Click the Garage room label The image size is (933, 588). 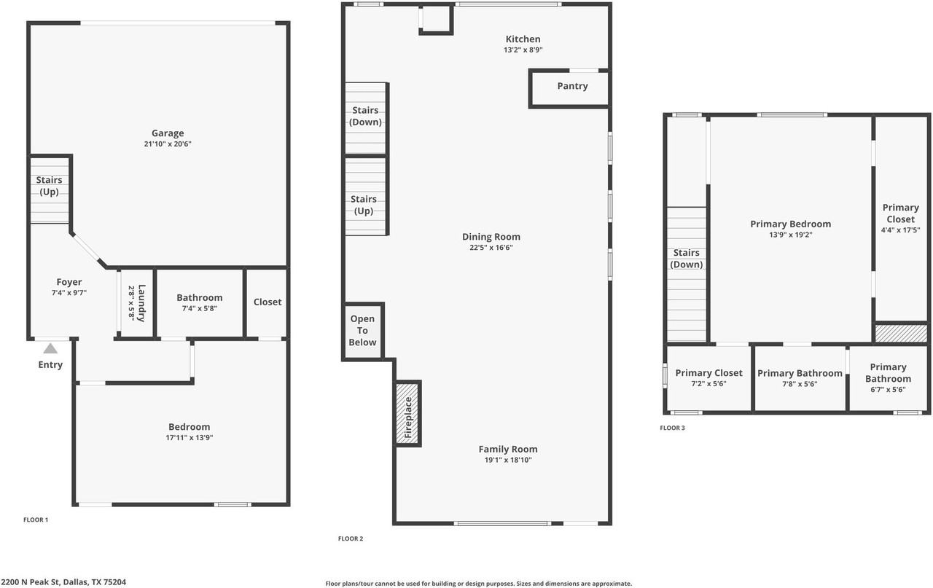[168, 133]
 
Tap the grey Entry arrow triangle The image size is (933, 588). [50, 348]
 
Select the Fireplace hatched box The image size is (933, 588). [407, 413]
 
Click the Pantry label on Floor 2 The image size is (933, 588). [572, 86]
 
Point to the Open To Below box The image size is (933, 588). [362, 331]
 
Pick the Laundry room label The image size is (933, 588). [141, 303]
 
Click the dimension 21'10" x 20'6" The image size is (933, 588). [168, 144]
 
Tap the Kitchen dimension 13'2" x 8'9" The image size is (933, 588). [523, 50]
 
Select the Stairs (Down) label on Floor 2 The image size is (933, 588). [365, 116]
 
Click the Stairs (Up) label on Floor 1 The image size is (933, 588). [49, 186]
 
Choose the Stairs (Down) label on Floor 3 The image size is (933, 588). [687, 259]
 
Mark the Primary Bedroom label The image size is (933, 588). [791, 224]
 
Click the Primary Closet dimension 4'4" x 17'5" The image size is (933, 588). [900, 230]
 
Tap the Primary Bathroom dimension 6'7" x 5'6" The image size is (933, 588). [888, 390]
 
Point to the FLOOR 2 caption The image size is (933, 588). [351, 538]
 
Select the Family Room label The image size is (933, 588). [508, 450]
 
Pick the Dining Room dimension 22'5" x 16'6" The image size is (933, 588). [491, 248]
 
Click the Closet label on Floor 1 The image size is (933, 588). [268, 302]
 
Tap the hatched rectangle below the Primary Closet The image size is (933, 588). [901, 334]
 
